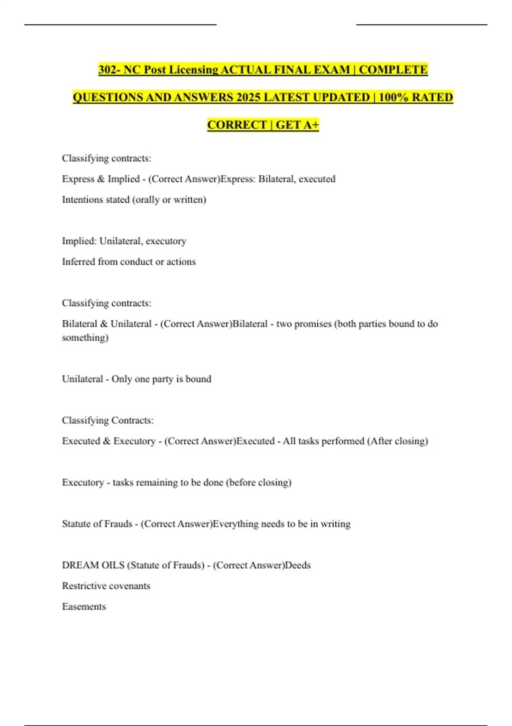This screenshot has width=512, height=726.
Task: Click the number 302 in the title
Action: point(108,70)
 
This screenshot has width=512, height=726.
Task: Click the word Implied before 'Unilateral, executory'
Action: point(79,241)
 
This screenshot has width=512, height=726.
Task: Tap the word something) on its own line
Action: point(85,338)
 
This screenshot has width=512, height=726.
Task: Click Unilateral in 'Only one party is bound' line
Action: point(82,379)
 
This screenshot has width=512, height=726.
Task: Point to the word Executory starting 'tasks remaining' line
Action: point(83,483)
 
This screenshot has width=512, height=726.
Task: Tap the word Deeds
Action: point(298,565)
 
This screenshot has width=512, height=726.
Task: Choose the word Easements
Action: point(84,607)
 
